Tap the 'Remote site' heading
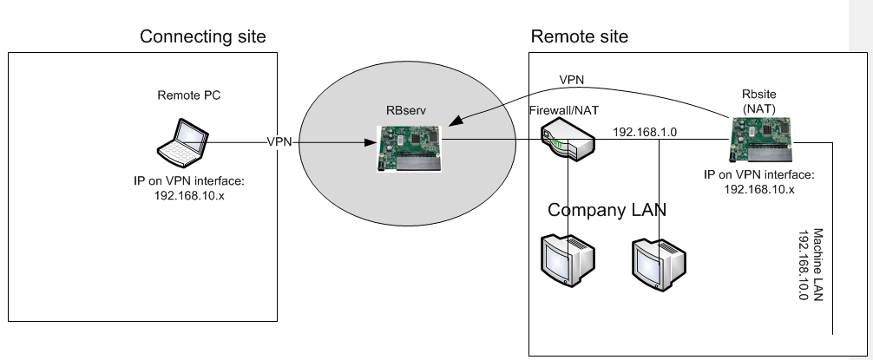[x=579, y=36]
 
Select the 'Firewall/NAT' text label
[x=564, y=111]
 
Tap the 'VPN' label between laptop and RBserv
[x=279, y=142]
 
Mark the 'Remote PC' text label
[x=188, y=95]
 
